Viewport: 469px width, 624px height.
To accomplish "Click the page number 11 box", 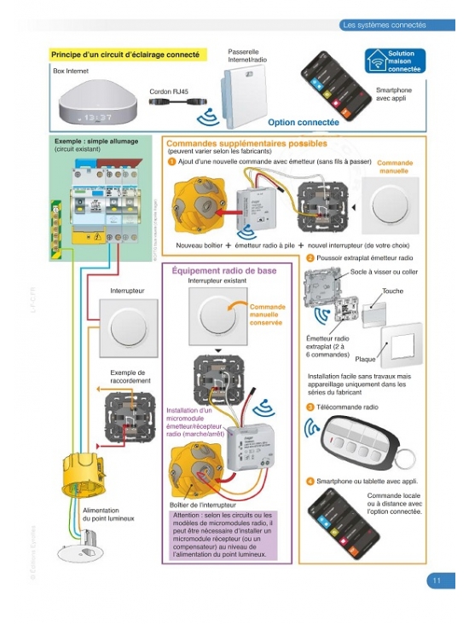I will [436, 581].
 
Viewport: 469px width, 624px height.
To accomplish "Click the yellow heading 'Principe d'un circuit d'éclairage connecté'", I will [125, 55].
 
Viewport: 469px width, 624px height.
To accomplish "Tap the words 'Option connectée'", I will [304, 123].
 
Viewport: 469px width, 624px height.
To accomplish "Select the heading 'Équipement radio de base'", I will [223, 270].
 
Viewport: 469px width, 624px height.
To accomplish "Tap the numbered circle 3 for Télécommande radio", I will [310, 407].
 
